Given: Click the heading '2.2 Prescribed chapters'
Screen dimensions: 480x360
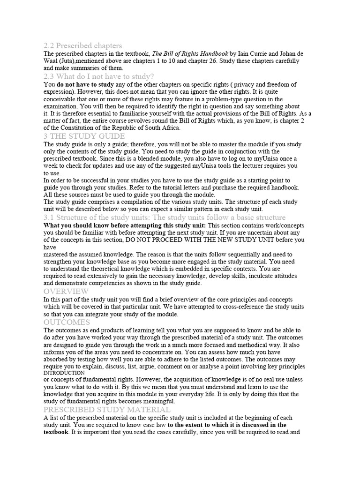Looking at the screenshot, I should [x=82, y=46].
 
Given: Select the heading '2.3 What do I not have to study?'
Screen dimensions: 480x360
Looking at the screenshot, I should [x=98, y=76].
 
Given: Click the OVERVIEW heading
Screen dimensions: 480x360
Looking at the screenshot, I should [x=66, y=292].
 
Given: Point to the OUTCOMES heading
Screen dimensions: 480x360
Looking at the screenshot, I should [x=67, y=322].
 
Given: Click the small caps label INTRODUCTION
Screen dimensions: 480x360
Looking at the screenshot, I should [x=64, y=373].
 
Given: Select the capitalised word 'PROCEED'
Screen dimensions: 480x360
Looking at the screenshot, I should [x=174, y=240].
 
